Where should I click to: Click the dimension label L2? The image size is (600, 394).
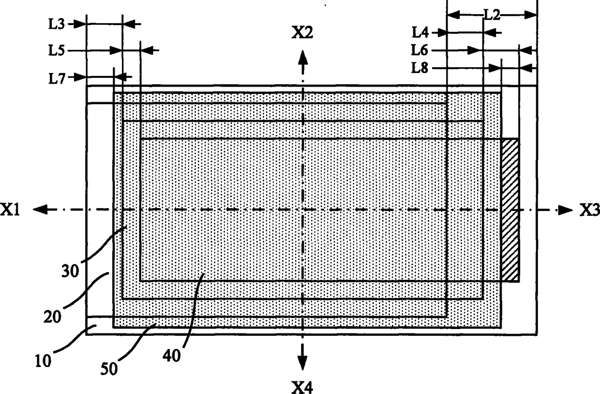click(x=492, y=15)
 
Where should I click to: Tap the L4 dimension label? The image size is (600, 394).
click(x=420, y=32)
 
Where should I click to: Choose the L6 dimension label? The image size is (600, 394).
click(x=420, y=49)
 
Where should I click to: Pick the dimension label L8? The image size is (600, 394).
click(x=420, y=68)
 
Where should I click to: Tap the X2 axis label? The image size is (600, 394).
click(x=302, y=33)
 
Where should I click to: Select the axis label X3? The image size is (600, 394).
click(x=588, y=210)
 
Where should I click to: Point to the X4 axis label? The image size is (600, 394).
click(x=302, y=386)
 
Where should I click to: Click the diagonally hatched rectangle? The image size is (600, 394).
click(x=510, y=210)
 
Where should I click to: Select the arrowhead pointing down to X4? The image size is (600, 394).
click(x=302, y=362)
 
